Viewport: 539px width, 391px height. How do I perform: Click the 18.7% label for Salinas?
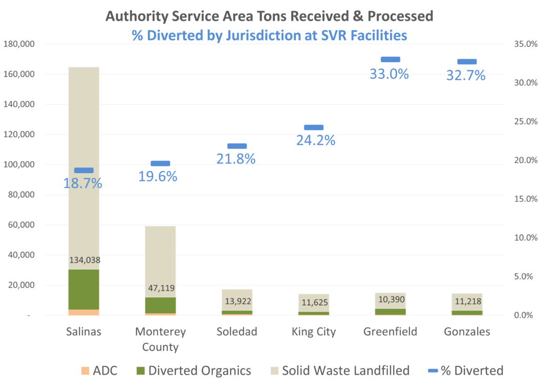coord(83,184)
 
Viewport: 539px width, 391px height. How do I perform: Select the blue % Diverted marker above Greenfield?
coord(391,59)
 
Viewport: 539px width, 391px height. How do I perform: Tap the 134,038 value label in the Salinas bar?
coord(84,260)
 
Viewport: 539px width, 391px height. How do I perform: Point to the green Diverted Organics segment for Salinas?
coord(84,289)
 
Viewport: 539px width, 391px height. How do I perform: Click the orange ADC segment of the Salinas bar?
coord(84,312)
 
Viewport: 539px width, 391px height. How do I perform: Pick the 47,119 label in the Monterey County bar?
coord(160,288)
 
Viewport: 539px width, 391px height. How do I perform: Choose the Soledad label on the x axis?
coord(236,332)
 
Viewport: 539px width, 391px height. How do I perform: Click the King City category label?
coord(313,332)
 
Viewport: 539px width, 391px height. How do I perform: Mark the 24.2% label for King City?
coord(315,141)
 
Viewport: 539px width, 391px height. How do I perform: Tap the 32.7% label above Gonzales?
coord(466,76)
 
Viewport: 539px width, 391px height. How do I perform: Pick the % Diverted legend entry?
coord(463,370)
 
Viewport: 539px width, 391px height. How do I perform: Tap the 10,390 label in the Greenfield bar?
coord(390,299)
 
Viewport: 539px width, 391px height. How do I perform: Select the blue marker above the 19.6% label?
coord(160,164)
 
